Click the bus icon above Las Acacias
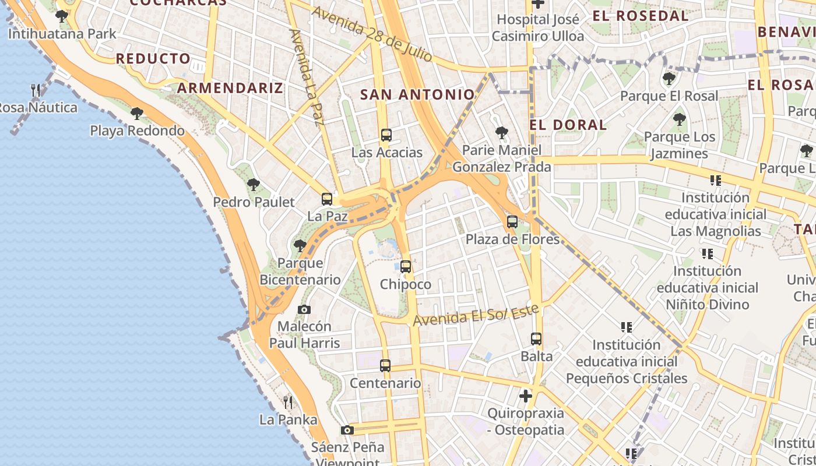point(386,135)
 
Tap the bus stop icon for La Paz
point(327,199)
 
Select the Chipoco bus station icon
point(406,267)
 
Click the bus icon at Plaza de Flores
point(512,222)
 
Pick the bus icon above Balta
point(536,338)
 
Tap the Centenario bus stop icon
point(385,366)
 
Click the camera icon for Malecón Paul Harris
point(304,309)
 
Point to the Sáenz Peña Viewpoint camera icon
point(347,430)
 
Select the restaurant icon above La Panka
point(288,402)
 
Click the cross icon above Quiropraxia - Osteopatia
point(526,396)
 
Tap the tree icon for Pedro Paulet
point(254,185)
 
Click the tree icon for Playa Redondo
point(137,113)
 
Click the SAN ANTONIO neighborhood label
point(417,94)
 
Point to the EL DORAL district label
point(568,125)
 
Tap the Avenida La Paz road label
point(307,77)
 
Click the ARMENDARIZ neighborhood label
point(230,88)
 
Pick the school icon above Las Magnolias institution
point(716,181)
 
